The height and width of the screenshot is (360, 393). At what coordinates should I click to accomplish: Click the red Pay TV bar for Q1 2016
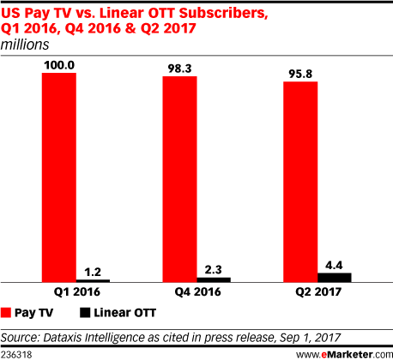click(x=59, y=177)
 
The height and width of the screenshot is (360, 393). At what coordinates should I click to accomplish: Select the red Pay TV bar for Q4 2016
click(x=180, y=179)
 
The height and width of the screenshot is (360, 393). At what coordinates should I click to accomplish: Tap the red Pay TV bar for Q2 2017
click(x=300, y=182)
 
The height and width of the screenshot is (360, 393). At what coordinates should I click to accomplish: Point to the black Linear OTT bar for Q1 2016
click(x=93, y=281)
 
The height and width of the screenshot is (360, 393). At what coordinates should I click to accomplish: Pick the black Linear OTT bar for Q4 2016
click(x=214, y=279)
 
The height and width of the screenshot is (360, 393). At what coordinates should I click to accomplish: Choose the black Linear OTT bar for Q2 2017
click(x=335, y=278)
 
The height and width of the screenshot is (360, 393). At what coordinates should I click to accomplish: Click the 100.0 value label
click(x=59, y=65)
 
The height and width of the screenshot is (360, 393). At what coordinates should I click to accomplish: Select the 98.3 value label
click(x=179, y=69)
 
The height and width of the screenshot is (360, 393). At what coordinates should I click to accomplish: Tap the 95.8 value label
click(x=300, y=74)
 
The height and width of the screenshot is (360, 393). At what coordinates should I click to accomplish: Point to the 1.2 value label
click(x=93, y=272)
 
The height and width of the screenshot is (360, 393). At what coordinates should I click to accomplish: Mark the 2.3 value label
click(x=214, y=270)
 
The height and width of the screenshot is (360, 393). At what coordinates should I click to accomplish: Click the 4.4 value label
click(x=334, y=266)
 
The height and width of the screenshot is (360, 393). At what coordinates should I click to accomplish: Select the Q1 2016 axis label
click(x=77, y=292)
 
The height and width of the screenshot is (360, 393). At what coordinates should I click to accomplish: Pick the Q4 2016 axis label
click(x=198, y=292)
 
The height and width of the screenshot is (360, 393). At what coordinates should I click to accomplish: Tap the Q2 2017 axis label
click(x=318, y=292)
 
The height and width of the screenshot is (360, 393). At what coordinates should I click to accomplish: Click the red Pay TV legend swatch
click(x=6, y=313)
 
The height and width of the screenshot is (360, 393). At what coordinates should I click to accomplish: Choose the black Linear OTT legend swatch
click(x=85, y=313)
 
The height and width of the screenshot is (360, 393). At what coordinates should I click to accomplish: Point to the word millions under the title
click(x=25, y=45)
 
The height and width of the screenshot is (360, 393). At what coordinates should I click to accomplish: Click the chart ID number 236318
click(x=16, y=355)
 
